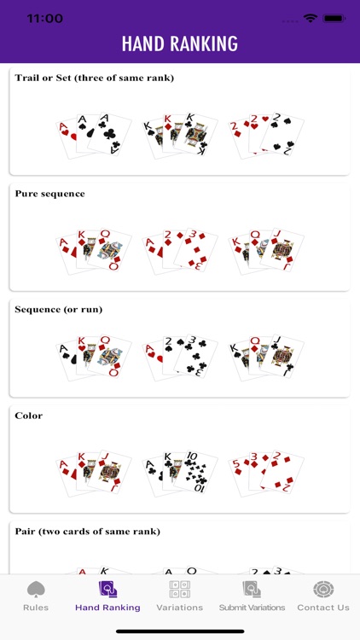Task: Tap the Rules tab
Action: click(x=36, y=596)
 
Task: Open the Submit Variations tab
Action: click(x=251, y=596)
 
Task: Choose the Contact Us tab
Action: click(x=323, y=596)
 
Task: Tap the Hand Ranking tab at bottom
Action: click(x=107, y=596)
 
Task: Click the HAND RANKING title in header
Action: click(x=180, y=44)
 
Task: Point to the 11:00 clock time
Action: click(x=44, y=18)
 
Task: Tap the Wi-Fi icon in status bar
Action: click(x=310, y=18)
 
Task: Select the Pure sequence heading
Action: click(x=49, y=194)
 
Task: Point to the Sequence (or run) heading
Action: click(x=58, y=309)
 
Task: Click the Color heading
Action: click(x=28, y=416)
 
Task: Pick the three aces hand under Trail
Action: click(x=94, y=135)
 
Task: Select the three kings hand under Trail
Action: click(x=180, y=135)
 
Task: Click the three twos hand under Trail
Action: click(x=266, y=135)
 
